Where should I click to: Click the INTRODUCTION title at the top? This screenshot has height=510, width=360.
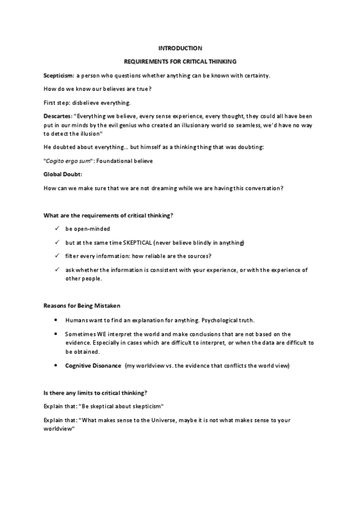click(x=180, y=48)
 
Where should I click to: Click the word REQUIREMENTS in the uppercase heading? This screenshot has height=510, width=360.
click(x=145, y=61)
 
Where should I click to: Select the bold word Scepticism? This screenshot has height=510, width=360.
click(x=58, y=75)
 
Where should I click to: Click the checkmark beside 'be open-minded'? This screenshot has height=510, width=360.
click(x=55, y=229)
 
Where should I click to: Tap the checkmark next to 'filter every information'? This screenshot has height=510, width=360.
click(x=55, y=256)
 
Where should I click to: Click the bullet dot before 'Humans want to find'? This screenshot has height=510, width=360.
click(x=55, y=320)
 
